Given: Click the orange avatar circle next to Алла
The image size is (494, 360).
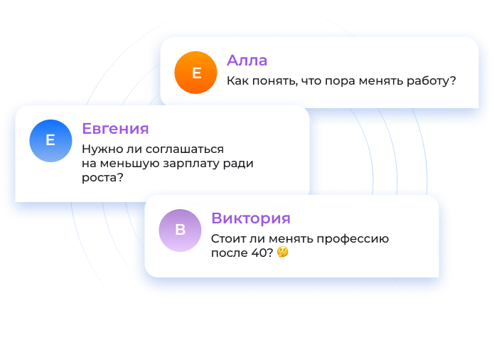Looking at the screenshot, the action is tap(195, 73).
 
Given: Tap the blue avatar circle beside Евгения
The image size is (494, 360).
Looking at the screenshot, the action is tap(50, 141).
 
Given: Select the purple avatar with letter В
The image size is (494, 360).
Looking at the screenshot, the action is tap(180, 231).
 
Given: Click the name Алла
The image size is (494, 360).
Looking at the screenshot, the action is tap(247, 60).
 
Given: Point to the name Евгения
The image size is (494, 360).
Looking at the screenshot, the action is tap(115, 129).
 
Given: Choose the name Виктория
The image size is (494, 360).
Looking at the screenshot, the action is tap(251, 218).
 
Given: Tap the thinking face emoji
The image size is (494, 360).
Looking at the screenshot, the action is tap(283, 252).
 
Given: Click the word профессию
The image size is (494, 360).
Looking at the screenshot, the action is tap(353, 239).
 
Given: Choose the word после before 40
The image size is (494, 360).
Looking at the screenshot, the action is tap(230, 253).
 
